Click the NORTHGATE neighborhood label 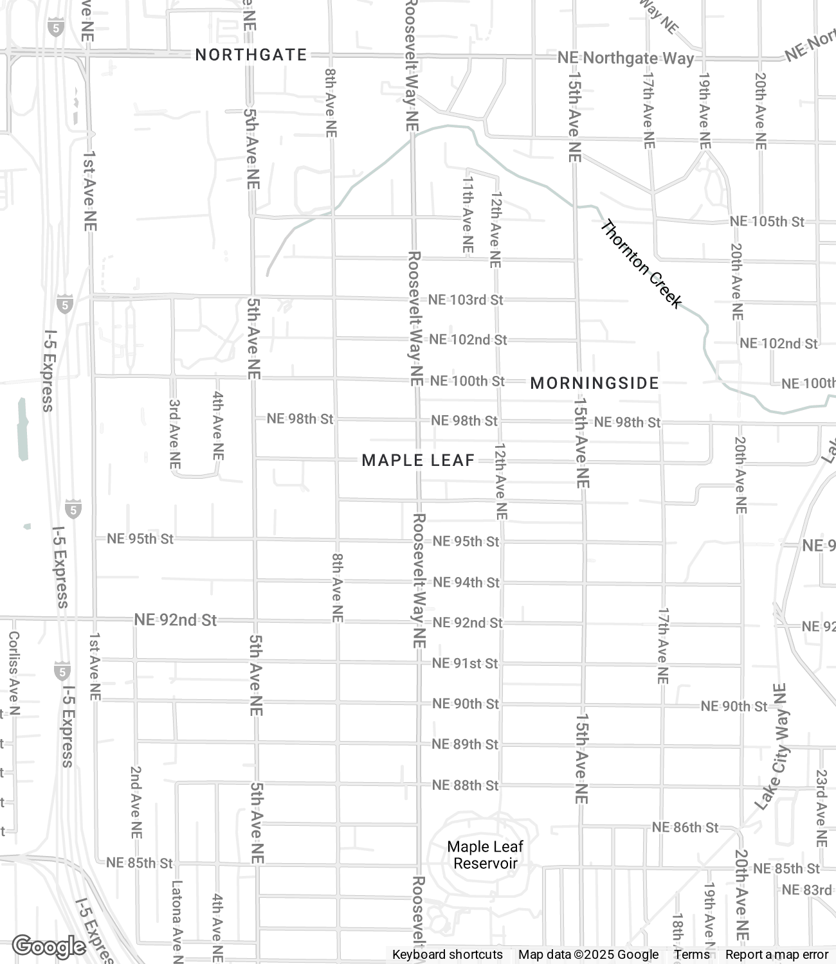251,55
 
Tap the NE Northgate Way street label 625,58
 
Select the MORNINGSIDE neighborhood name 595,384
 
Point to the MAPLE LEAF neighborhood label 418,460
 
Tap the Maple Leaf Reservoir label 486,855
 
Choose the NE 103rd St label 466,300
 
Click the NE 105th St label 767,222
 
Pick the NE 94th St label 466,582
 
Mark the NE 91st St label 465,663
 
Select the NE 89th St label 465,744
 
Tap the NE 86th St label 685,827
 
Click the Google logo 49,946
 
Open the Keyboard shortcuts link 448,954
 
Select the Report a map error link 777,954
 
